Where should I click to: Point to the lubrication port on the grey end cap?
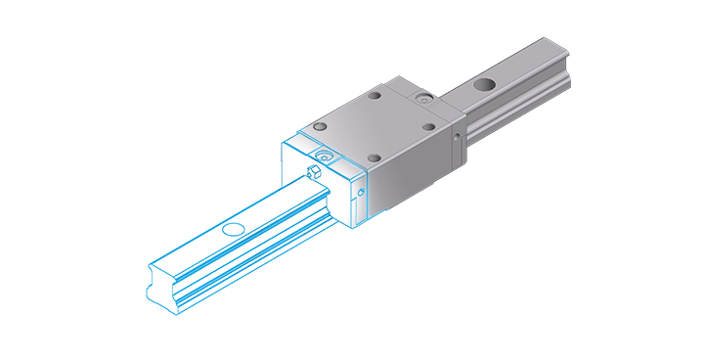[421, 99]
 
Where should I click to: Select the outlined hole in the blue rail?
[232, 230]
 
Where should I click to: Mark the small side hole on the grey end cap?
[457, 137]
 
